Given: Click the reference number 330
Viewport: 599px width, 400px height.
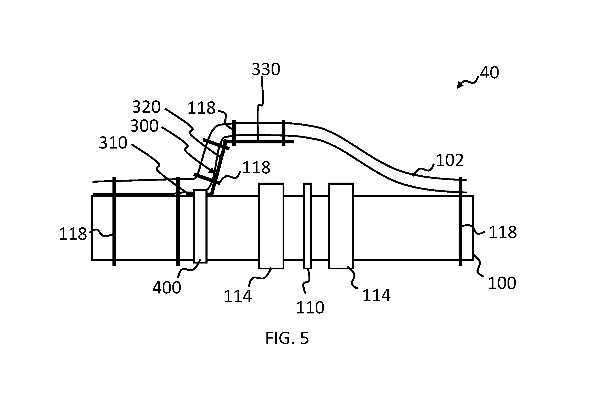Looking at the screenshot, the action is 266,69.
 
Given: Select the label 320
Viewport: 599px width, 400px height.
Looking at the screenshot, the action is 146,107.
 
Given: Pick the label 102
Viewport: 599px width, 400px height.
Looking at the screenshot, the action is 450,161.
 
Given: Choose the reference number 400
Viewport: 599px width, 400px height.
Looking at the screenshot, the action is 167,288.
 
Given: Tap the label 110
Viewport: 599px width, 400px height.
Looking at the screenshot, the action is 310,308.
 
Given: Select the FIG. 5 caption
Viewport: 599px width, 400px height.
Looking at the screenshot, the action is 287,338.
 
